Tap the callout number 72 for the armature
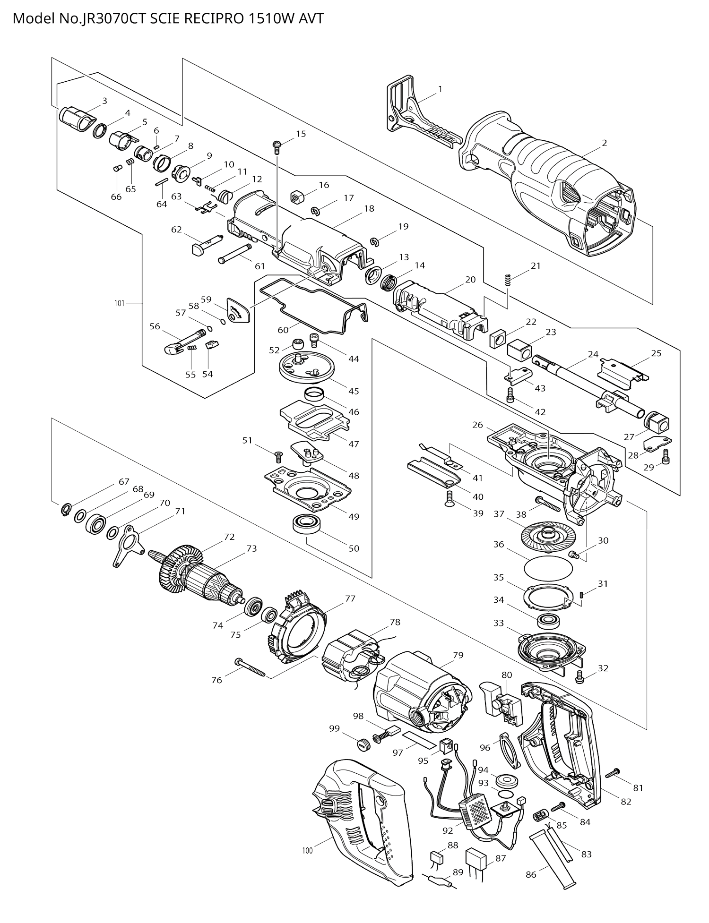(229, 537)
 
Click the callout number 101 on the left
(119, 303)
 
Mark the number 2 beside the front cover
(604, 143)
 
